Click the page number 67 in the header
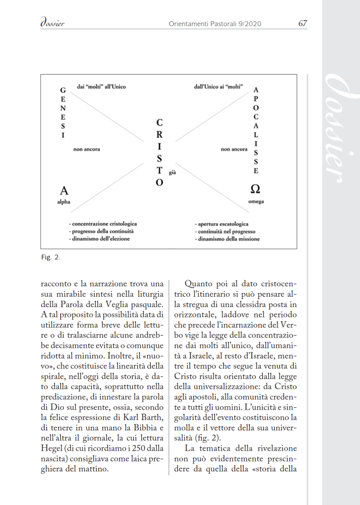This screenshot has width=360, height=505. coord(303,23)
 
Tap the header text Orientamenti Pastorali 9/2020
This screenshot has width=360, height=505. coord(215,23)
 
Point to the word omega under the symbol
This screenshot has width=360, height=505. coord(256,202)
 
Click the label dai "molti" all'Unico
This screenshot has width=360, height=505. coord(101,87)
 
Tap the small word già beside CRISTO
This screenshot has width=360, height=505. coord(172,173)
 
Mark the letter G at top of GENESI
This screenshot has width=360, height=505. coord(63,91)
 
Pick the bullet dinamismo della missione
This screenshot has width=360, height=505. coord(227,239)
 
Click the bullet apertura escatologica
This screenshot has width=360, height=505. coord(222,224)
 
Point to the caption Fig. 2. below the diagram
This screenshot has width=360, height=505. coord(51,257)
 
